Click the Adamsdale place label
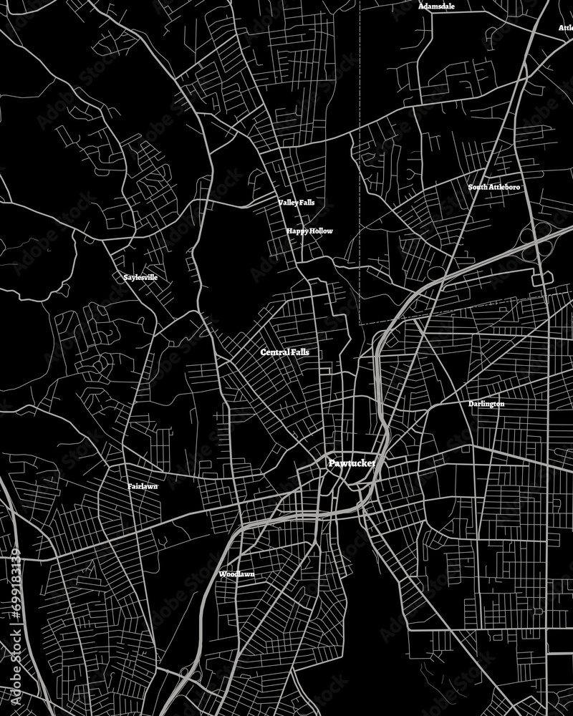[x=436, y=6]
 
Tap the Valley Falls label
[x=297, y=203]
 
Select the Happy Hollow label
[x=309, y=231]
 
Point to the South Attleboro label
[x=494, y=187]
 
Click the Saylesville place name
[x=140, y=277]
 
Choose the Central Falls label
[x=285, y=352]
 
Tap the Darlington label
[x=486, y=404]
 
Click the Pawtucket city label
[x=352, y=464]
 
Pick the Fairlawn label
[x=143, y=486]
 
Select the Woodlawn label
[x=237, y=574]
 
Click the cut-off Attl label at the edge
[x=566, y=28]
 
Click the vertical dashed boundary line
[x=359, y=143]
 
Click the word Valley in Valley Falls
[x=289, y=203]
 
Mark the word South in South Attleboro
[x=478, y=187]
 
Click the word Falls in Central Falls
[x=301, y=352]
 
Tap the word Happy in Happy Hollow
[x=297, y=231]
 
